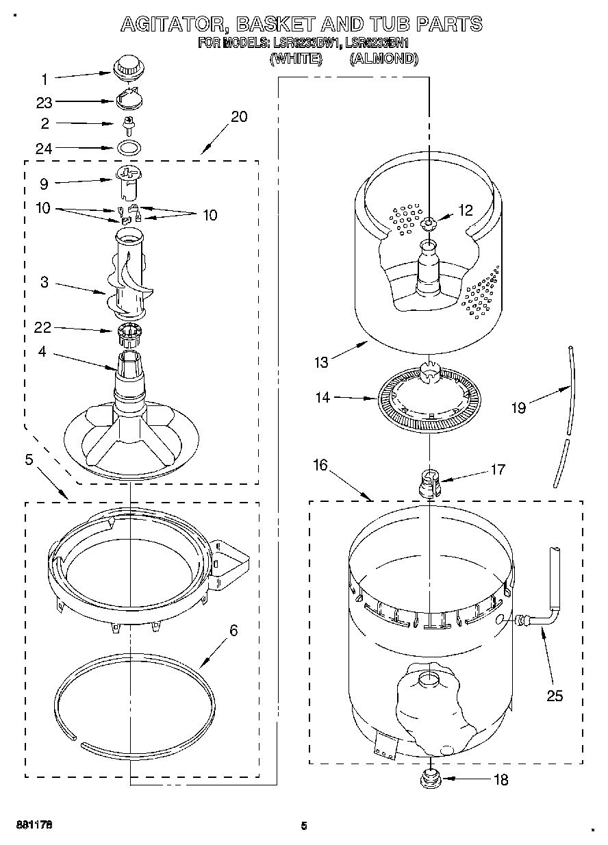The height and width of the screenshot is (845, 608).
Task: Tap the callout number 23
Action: point(45,102)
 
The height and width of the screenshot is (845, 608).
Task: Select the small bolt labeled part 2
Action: point(127,125)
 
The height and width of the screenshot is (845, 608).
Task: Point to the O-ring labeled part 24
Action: point(127,147)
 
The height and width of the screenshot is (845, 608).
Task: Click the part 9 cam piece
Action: point(127,179)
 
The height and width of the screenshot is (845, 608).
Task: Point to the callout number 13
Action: point(322,362)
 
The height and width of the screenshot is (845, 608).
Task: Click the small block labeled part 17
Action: point(429,481)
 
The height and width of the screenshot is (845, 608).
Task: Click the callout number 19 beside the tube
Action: point(518,407)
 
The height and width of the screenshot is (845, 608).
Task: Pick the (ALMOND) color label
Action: point(383,59)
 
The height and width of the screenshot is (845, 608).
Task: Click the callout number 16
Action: point(320,466)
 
